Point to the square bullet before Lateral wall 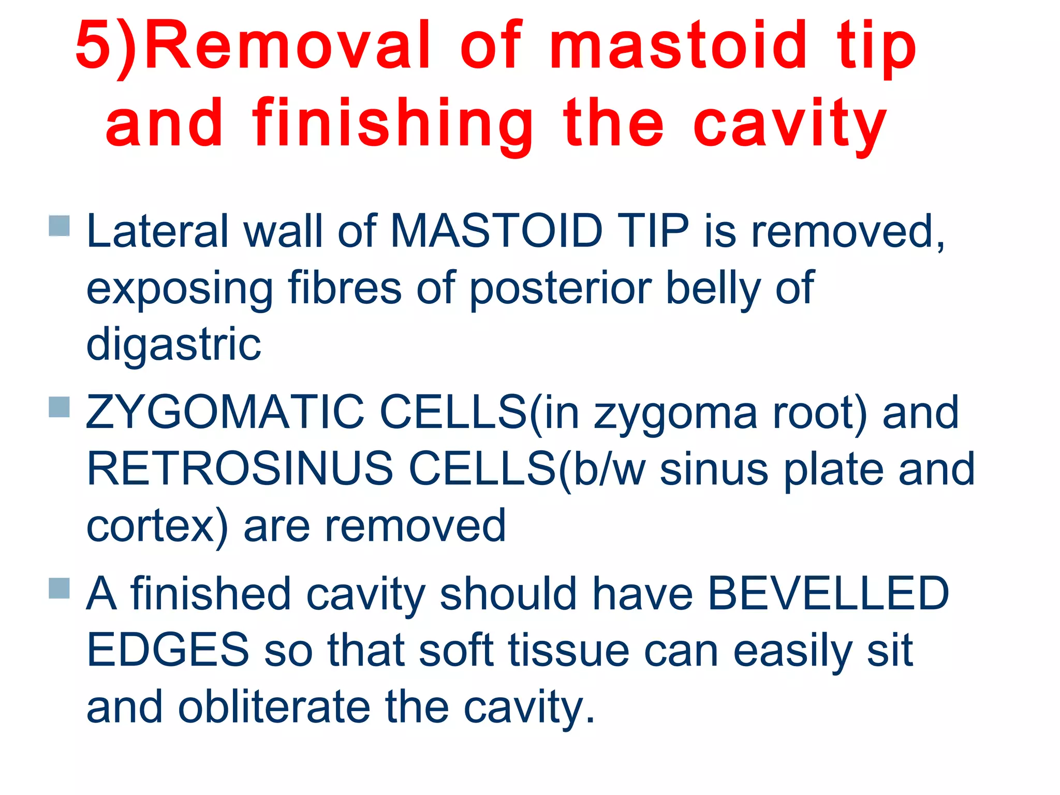tap(60, 226)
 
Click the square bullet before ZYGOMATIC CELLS tap(60, 407)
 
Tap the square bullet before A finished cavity tap(60, 588)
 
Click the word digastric tap(173, 345)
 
